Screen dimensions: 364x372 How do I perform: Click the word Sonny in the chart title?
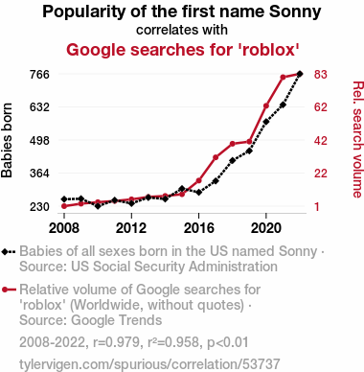pyautogui.click(x=294, y=12)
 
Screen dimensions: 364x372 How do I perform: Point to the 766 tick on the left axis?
pyautogui.click(x=39, y=74)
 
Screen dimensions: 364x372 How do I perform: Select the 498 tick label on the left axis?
pyautogui.click(x=39, y=140)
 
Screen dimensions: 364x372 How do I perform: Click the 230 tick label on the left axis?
pyautogui.click(x=39, y=206)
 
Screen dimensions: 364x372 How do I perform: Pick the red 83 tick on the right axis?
pyautogui.click(x=320, y=74)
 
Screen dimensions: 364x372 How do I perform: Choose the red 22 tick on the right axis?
pyautogui.click(x=320, y=174)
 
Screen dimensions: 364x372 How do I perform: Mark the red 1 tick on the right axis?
pyautogui.click(x=316, y=206)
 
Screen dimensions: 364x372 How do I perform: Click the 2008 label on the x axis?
pyautogui.click(x=64, y=228)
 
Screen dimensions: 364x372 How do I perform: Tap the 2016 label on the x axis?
pyautogui.click(x=199, y=228)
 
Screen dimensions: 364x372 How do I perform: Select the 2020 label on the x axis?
pyautogui.click(x=266, y=228)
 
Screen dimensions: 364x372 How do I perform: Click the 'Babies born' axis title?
pyautogui.click(x=7, y=140)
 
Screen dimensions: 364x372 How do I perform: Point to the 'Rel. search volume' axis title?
pyautogui.click(x=358, y=140)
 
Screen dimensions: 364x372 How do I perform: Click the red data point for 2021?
pyautogui.click(x=283, y=78)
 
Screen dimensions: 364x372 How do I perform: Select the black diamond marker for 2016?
pyautogui.click(x=199, y=193)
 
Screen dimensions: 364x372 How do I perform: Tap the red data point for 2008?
pyautogui.click(x=64, y=206)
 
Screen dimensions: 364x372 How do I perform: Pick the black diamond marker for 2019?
pyautogui.click(x=249, y=151)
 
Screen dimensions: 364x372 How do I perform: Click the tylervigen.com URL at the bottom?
pyautogui.click(x=149, y=364)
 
